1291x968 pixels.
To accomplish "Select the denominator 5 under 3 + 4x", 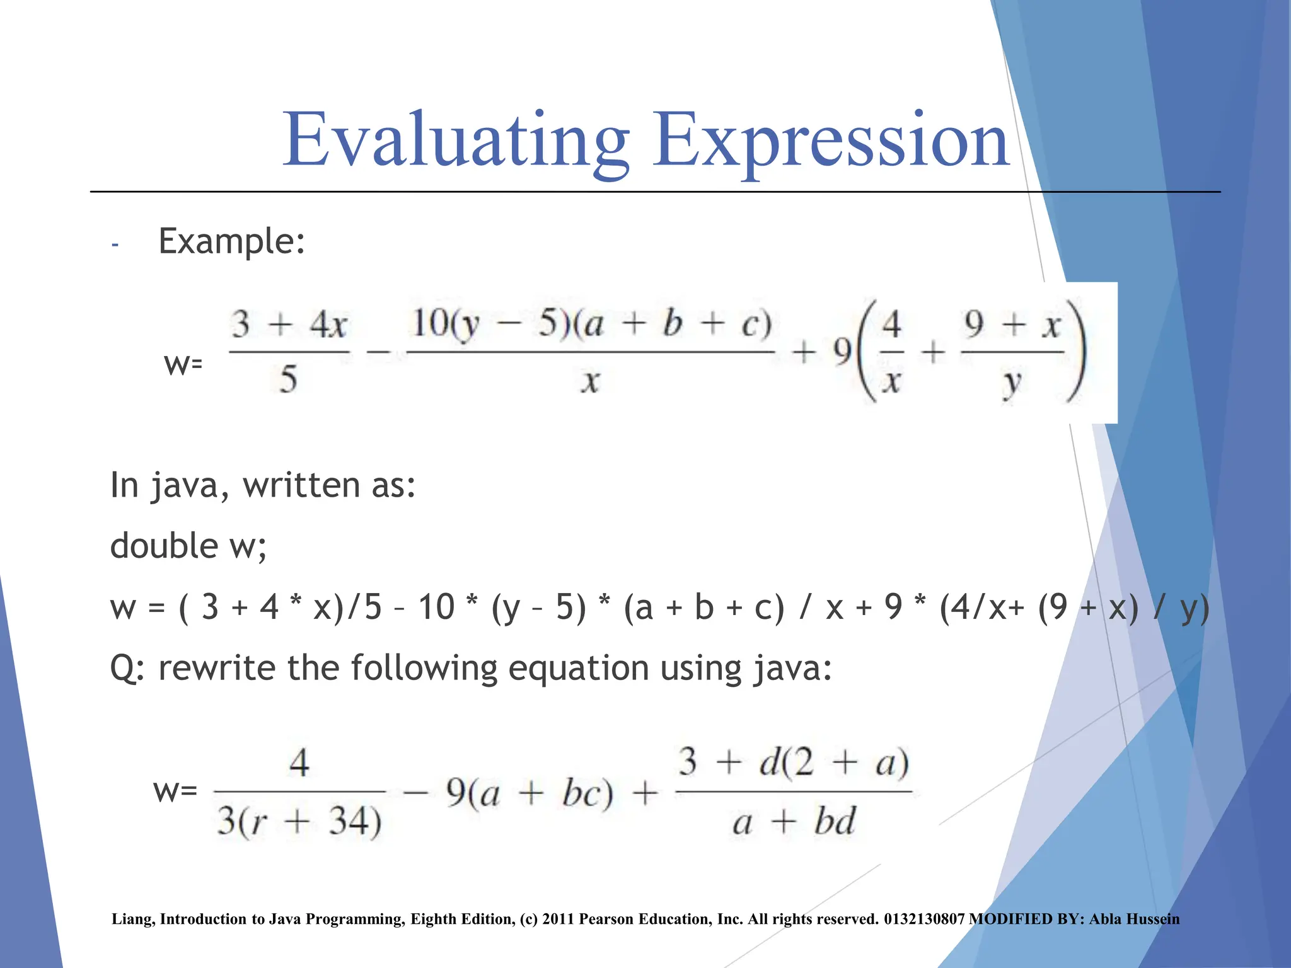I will point(288,379).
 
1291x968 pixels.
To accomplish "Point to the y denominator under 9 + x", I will point(1011,382).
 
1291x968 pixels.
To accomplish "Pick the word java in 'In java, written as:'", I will point(185,486).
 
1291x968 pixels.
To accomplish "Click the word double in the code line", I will point(163,546).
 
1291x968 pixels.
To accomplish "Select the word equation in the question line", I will point(578,668).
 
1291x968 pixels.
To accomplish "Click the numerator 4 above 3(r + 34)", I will point(299,762).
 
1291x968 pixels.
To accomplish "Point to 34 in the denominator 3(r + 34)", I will point(354,822).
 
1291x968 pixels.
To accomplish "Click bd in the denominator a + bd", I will point(833,822).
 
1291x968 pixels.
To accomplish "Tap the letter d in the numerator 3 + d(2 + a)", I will point(770,762).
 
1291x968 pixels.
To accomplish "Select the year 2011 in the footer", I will point(558,919).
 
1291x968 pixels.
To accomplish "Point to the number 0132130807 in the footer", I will point(924,919).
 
